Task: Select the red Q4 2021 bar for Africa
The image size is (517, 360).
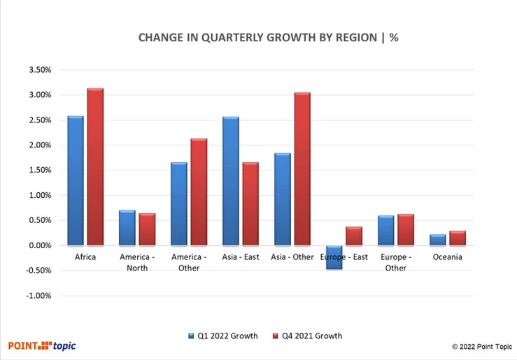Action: click(95, 167)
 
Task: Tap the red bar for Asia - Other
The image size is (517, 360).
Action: click(302, 168)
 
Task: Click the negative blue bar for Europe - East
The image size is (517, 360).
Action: click(334, 257)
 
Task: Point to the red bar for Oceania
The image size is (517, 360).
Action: click(458, 238)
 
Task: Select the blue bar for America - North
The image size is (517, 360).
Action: click(127, 228)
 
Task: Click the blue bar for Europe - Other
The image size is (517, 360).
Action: click(385, 231)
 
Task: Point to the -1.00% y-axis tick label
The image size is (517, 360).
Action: click(41, 296)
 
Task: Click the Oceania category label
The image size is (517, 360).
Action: click(448, 257)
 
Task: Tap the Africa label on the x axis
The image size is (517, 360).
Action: click(85, 257)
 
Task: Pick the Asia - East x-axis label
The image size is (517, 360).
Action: click(241, 257)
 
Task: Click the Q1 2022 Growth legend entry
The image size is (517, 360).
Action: click(223, 336)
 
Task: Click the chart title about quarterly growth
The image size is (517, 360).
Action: click(258, 38)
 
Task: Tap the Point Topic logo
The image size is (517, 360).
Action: click(42, 345)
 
